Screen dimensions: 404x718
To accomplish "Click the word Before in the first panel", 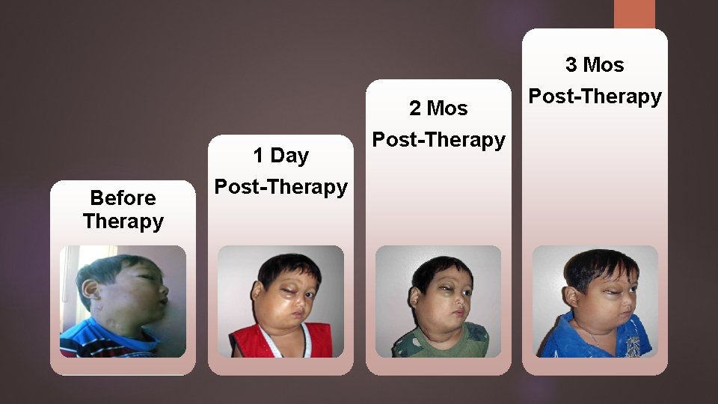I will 123,198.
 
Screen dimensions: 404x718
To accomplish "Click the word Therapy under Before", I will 123,221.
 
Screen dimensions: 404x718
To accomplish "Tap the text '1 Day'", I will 280,156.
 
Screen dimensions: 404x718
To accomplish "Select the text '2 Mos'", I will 438,108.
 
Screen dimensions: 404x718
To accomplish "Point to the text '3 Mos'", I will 595,65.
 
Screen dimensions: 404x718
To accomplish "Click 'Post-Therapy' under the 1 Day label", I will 280,187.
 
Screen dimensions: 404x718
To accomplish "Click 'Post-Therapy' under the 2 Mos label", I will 438,140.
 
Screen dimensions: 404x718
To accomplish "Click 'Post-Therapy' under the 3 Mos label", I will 595,97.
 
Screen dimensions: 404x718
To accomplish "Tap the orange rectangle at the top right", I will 634,13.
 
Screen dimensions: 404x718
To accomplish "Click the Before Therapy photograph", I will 123,301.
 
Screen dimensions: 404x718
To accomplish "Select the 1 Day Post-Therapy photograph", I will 280,301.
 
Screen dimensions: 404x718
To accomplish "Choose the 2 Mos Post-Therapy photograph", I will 438,301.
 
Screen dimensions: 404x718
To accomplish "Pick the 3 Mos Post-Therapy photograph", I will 595,301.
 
